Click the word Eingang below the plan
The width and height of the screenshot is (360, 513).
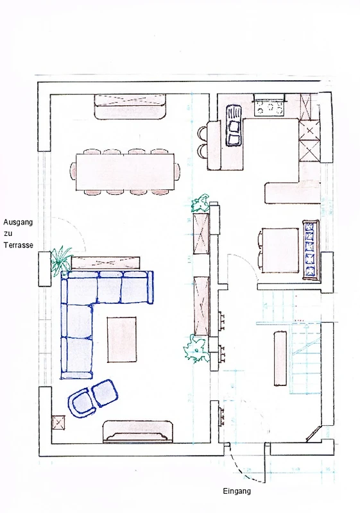[x=237, y=491]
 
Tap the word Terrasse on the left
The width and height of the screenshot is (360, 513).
[x=19, y=245]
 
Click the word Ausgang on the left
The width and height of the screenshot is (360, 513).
[x=18, y=223]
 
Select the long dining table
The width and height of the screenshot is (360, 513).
[x=125, y=171]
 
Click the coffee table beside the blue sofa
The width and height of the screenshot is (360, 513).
[x=122, y=339]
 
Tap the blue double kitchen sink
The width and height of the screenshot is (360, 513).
[x=234, y=125]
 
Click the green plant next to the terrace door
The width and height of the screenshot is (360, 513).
[x=61, y=260]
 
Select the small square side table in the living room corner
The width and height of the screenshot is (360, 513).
[x=58, y=423]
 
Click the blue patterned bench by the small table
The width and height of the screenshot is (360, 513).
[x=311, y=250]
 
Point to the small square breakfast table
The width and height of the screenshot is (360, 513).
[x=280, y=250]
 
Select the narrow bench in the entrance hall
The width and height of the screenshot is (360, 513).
[x=280, y=358]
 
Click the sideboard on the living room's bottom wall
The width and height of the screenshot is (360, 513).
[x=138, y=432]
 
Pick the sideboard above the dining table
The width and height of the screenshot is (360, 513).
[x=130, y=107]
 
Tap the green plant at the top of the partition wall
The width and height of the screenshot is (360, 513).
[x=200, y=203]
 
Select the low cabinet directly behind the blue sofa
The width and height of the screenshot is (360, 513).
[x=106, y=263]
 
